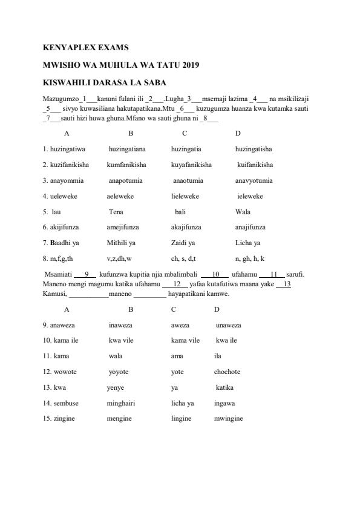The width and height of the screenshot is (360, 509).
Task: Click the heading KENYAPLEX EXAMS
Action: pos(85,47)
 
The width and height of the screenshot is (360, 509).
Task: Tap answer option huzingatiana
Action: pos(127,148)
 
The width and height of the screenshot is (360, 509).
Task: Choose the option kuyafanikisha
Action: pos(191,164)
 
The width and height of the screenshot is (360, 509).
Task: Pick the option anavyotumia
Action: pos(254,180)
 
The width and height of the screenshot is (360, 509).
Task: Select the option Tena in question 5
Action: pos(116,212)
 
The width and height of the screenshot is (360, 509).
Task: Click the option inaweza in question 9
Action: pos(120,324)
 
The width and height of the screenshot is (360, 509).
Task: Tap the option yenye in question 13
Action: pos(116,387)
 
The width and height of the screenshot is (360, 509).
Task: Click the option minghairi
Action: pos(120,402)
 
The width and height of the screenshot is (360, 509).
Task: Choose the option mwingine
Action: pos(228,418)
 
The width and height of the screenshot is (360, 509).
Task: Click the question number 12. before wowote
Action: pos(47,372)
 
